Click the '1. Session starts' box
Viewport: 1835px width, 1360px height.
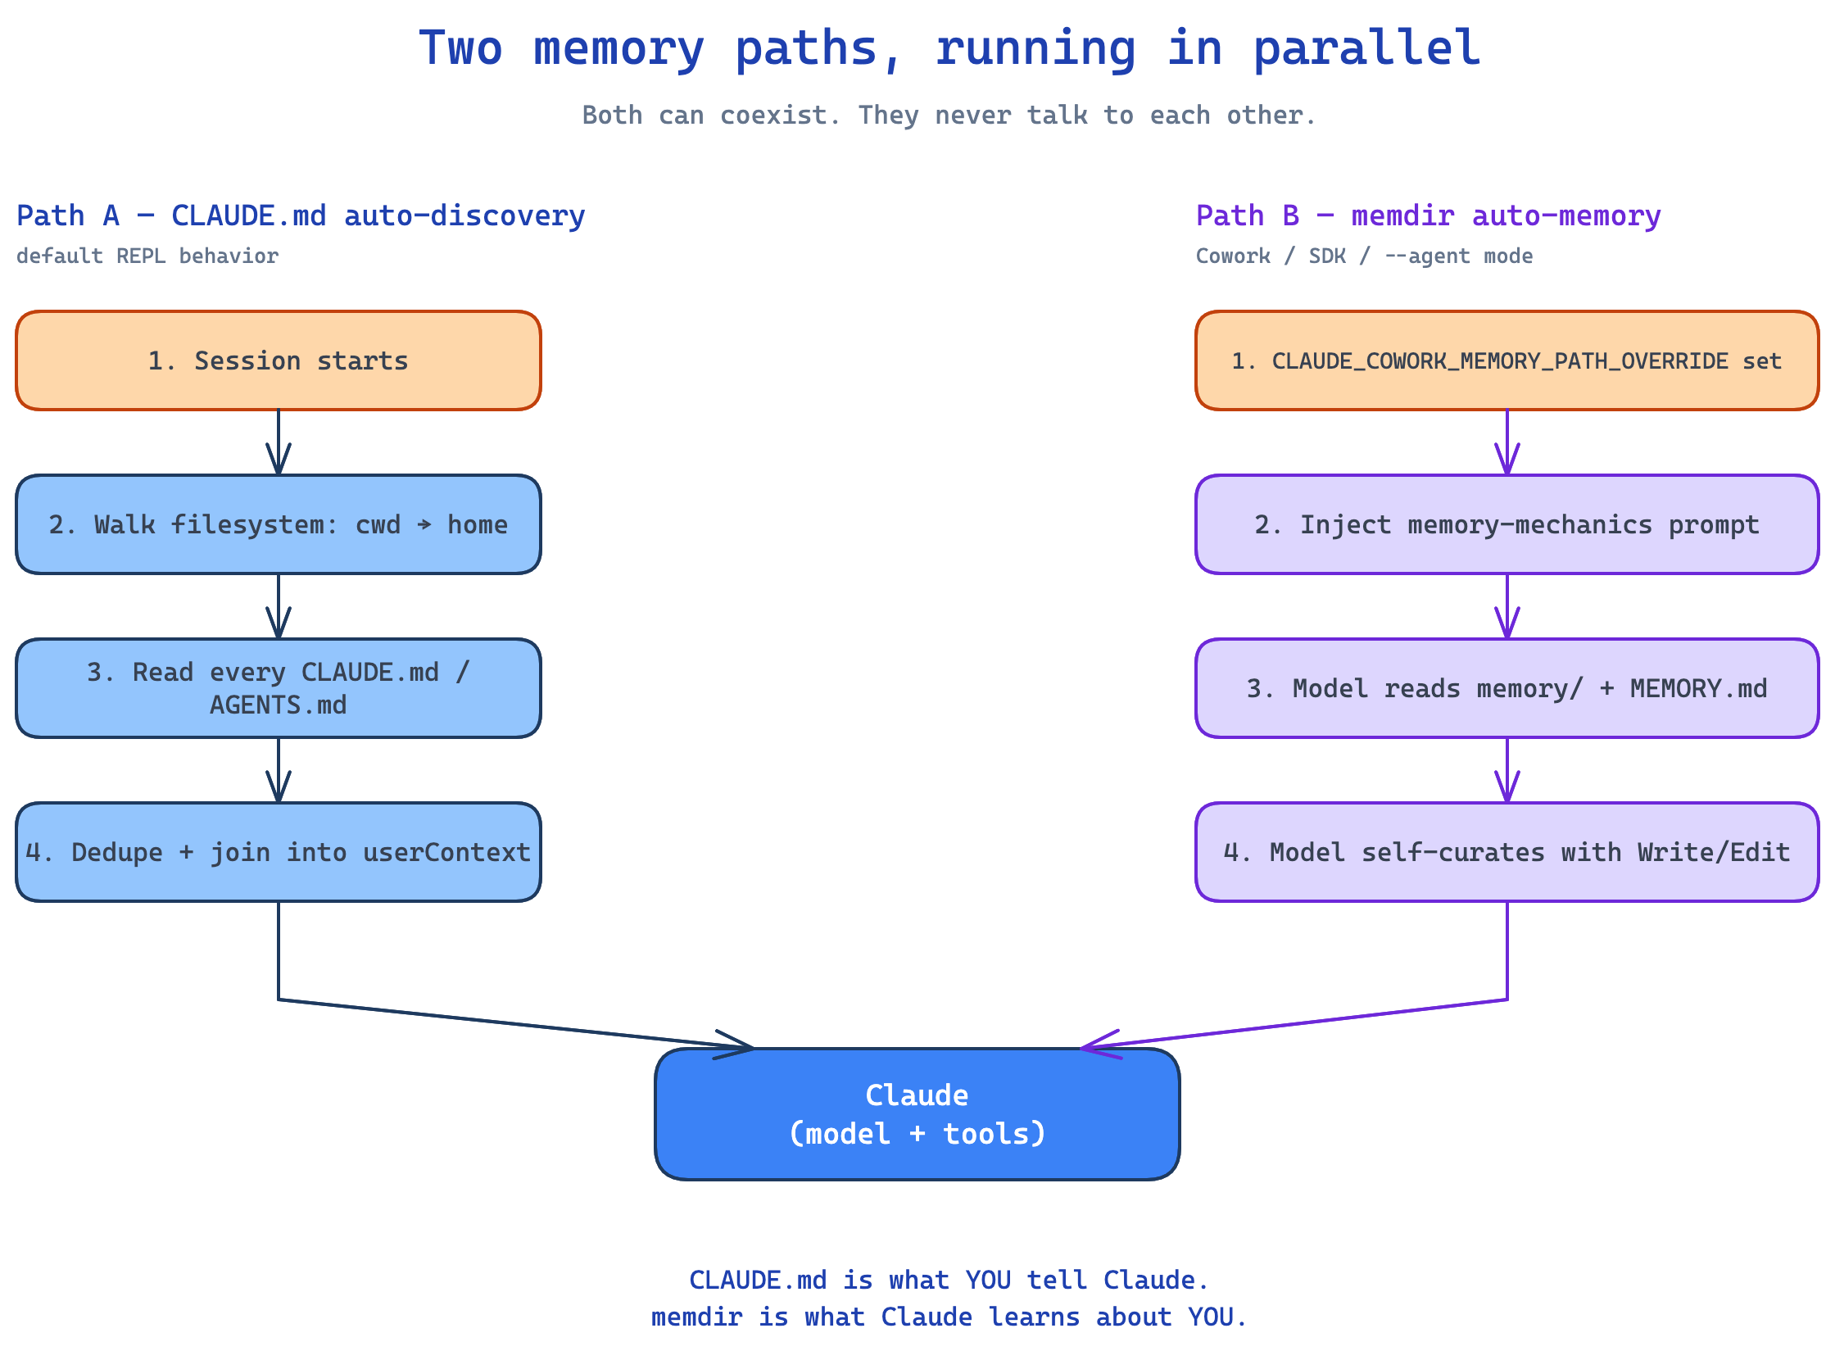point(279,360)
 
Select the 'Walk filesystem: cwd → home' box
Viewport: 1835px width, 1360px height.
point(279,524)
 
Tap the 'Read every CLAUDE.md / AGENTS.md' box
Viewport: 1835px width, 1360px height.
point(279,688)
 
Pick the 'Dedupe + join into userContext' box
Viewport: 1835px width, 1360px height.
point(279,852)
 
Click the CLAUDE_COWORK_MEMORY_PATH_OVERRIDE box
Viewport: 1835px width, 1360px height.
point(1506,360)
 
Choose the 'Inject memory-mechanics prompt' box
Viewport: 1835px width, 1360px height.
point(1506,524)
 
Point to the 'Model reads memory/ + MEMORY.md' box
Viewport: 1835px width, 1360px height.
point(1506,688)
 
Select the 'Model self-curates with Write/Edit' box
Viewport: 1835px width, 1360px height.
point(1506,852)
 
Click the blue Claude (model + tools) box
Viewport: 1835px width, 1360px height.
point(916,1114)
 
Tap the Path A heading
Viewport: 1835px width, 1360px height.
point(301,215)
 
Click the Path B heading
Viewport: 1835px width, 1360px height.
point(1428,215)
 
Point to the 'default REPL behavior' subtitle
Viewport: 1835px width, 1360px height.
point(147,256)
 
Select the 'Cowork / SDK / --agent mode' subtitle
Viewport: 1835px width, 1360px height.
point(1363,256)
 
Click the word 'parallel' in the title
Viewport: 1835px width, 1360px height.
point(1366,48)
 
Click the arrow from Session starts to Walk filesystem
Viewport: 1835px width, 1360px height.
point(279,442)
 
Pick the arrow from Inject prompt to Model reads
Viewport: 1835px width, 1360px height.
point(1507,606)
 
